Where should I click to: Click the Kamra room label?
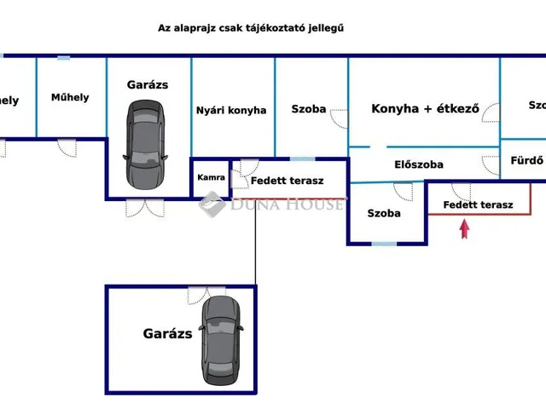(211, 177)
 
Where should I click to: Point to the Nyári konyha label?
(231, 110)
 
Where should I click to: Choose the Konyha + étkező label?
(425, 109)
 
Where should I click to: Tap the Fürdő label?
(526, 159)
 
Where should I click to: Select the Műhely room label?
(70, 97)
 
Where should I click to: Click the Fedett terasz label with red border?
(478, 204)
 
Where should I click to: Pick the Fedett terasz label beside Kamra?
(287, 181)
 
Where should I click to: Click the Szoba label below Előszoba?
(384, 213)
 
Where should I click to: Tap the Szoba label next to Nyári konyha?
(308, 110)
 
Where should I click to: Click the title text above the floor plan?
(251, 28)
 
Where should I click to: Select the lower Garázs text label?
(167, 334)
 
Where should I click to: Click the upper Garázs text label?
(148, 84)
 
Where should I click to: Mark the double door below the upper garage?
(143, 207)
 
